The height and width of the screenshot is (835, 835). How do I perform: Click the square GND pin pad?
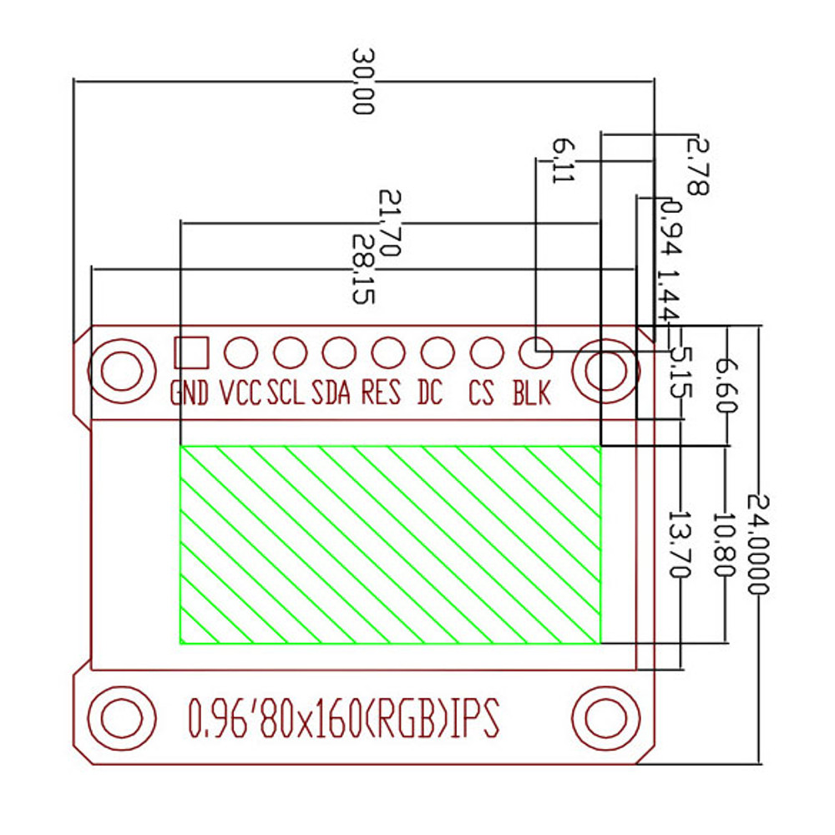point(190,352)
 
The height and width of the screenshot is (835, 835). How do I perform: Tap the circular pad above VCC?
point(240,352)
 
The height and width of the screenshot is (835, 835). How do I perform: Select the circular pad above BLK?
point(536,352)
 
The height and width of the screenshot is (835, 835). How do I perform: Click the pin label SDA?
point(331,392)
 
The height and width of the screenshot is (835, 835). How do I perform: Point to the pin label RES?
point(381,392)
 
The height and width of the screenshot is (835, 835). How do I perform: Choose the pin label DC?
point(430,392)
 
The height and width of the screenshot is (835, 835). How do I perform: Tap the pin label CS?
point(482,392)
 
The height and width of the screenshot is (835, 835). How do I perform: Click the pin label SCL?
point(286,392)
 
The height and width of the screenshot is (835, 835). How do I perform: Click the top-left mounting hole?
point(122,370)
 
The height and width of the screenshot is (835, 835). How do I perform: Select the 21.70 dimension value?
point(391,222)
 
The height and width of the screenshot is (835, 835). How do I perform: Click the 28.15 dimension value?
point(364,268)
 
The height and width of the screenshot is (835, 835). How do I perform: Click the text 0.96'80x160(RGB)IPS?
point(344,719)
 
